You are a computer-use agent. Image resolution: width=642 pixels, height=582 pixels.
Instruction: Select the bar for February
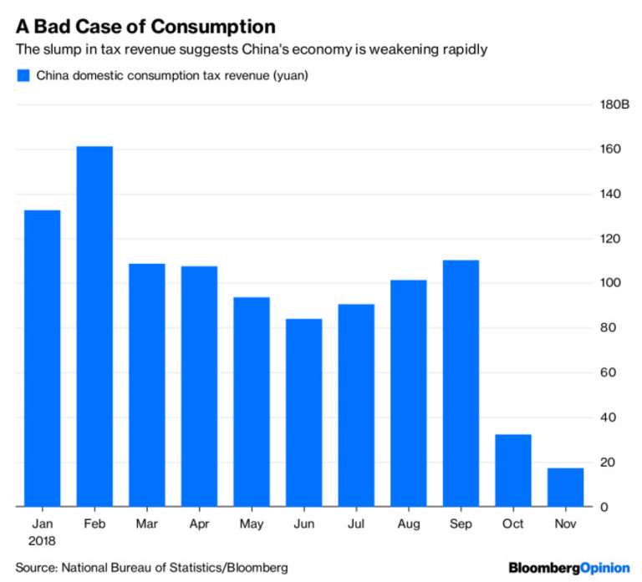tap(94, 326)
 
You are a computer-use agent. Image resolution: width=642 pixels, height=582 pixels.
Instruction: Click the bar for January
tap(42, 358)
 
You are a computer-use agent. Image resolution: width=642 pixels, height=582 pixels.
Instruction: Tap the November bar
tap(565, 487)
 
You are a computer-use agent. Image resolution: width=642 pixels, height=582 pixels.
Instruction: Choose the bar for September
tap(461, 383)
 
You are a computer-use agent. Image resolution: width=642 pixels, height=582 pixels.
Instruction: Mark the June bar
tap(303, 412)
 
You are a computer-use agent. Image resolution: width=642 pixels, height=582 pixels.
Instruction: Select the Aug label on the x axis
tap(408, 524)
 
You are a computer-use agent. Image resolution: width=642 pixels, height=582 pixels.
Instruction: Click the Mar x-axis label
tap(147, 524)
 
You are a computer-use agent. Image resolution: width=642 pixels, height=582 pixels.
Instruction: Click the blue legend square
tap(23, 76)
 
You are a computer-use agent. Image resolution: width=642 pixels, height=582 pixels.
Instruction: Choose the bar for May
tap(251, 402)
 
